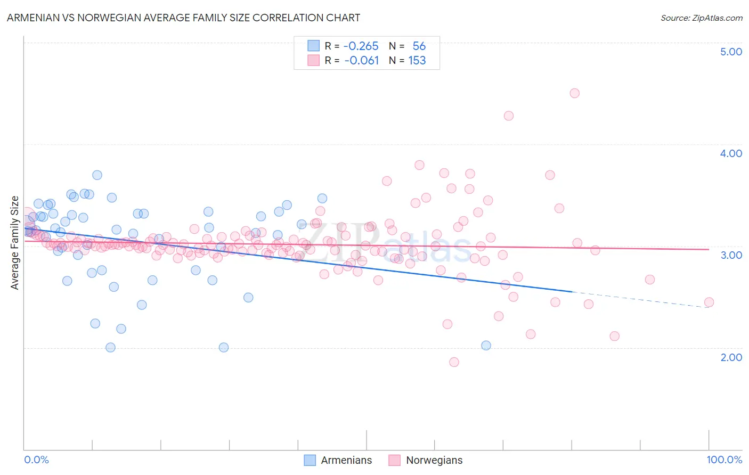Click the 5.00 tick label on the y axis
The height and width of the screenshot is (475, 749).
(x=731, y=52)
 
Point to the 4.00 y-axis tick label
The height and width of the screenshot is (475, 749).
(x=731, y=153)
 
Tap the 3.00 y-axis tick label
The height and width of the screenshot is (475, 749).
(x=731, y=255)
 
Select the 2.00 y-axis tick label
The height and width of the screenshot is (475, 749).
(x=731, y=357)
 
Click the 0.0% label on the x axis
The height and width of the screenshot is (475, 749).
(x=36, y=460)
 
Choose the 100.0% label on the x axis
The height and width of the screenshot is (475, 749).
(x=724, y=460)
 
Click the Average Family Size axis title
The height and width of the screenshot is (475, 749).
(x=15, y=243)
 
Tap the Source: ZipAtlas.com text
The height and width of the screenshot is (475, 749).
(x=701, y=18)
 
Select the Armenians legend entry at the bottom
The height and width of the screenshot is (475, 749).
(x=338, y=460)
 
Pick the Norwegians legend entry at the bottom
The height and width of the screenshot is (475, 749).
(x=426, y=460)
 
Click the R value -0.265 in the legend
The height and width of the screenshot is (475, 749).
(x=361, y=46)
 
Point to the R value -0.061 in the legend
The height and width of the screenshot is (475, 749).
(x=361, y=61)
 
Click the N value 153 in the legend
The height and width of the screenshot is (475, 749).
(x=417, y=61)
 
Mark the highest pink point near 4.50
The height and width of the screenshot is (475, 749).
(x=574, y=93)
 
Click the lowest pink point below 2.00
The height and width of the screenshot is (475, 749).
(x=454, y=362)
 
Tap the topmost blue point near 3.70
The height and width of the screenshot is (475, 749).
(x=97, y=175)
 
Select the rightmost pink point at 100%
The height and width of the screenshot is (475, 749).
(x=709, y=302)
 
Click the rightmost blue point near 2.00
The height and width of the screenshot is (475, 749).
(x=486, y=346)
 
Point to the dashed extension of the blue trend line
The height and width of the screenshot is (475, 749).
(x=639, y=300)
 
